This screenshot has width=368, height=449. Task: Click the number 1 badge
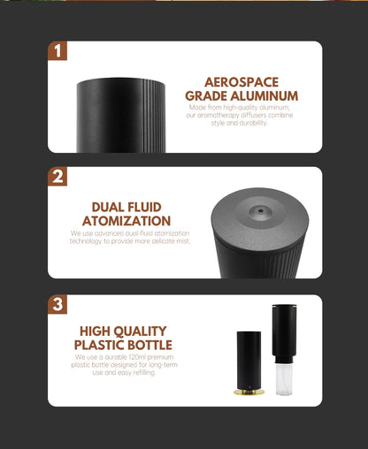coord(57,50)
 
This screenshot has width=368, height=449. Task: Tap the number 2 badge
coord(57,177)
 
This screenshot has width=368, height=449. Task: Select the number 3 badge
coord(57,305)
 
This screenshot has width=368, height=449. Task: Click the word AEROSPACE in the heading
coord(241,82)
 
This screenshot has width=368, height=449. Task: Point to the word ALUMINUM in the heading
coord(264,96)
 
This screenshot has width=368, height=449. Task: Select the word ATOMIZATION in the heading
coord(126,221)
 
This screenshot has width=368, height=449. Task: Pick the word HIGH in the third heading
coord(95,331)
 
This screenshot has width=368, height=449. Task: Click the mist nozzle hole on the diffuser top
coord(258,212)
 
